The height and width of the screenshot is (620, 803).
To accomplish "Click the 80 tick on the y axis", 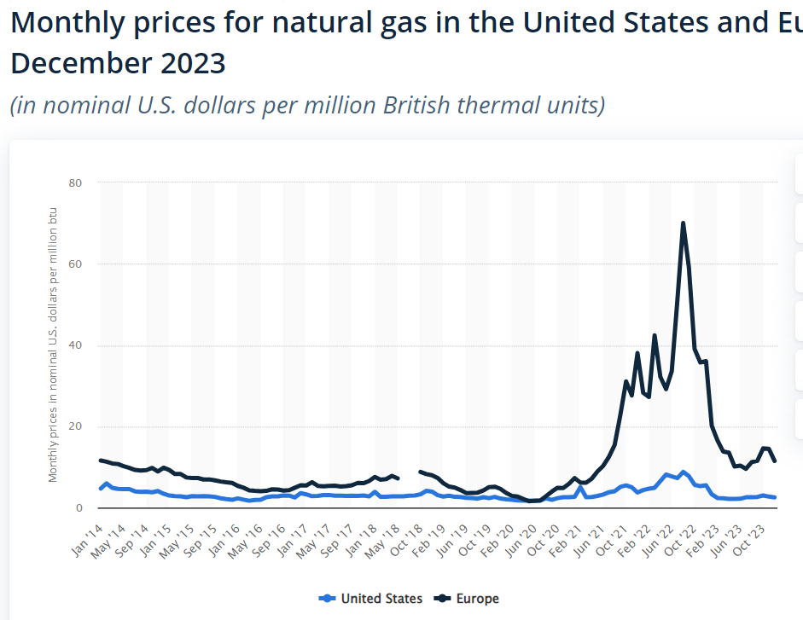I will [x=76, y=183].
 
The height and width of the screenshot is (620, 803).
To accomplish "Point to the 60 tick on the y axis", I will [x=76, y=264].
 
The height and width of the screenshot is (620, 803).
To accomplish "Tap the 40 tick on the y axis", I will [x=76, y=345].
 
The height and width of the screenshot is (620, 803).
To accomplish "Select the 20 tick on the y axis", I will [x=76, y=426].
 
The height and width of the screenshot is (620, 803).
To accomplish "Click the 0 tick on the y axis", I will [x=79, y=508].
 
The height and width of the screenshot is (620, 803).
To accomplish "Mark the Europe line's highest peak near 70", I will [x=684, y=223].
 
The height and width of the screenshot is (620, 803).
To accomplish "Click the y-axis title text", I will [x=53, y=344].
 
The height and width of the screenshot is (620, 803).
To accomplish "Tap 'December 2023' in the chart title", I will [x=118, y=63].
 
